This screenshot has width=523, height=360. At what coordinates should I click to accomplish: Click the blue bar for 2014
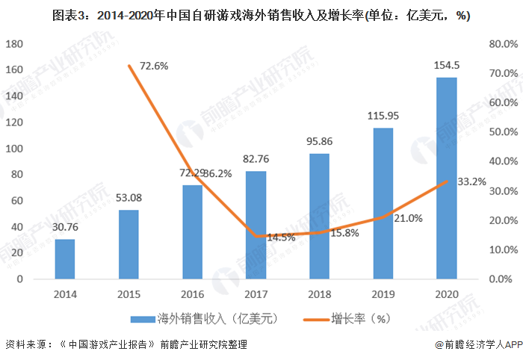[65, 259]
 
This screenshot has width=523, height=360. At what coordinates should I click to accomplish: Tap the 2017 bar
[256, 225]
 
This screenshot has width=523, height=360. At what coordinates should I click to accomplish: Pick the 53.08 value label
[129, 198]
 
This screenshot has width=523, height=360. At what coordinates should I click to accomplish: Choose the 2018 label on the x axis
[320, 294]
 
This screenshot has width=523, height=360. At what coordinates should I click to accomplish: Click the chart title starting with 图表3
[261, 14]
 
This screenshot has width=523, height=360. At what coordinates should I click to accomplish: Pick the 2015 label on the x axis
[129, 294]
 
